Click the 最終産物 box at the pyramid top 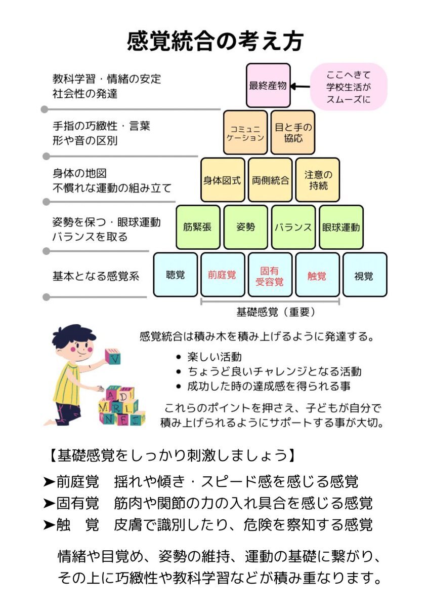click(x=268, y=85)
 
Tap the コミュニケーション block click(x=245, y=132)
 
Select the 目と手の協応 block click(x=293, y=132)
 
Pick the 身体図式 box click(x=222, y=180)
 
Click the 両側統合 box click(x=270, y=180)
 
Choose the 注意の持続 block click(x=317, y=180)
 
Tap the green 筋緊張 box click(x=198, y=227)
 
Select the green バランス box click(x=293, y=227)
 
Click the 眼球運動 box click(x=341, y=227)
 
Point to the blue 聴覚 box click(x=175, y=275)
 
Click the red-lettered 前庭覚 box click(x=222, y=275)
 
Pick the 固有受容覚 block click(x=270, y=275)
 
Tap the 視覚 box click(x=364, y=275)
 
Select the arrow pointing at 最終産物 click(x=301, y=87)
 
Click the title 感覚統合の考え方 click(x=214, y=41)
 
